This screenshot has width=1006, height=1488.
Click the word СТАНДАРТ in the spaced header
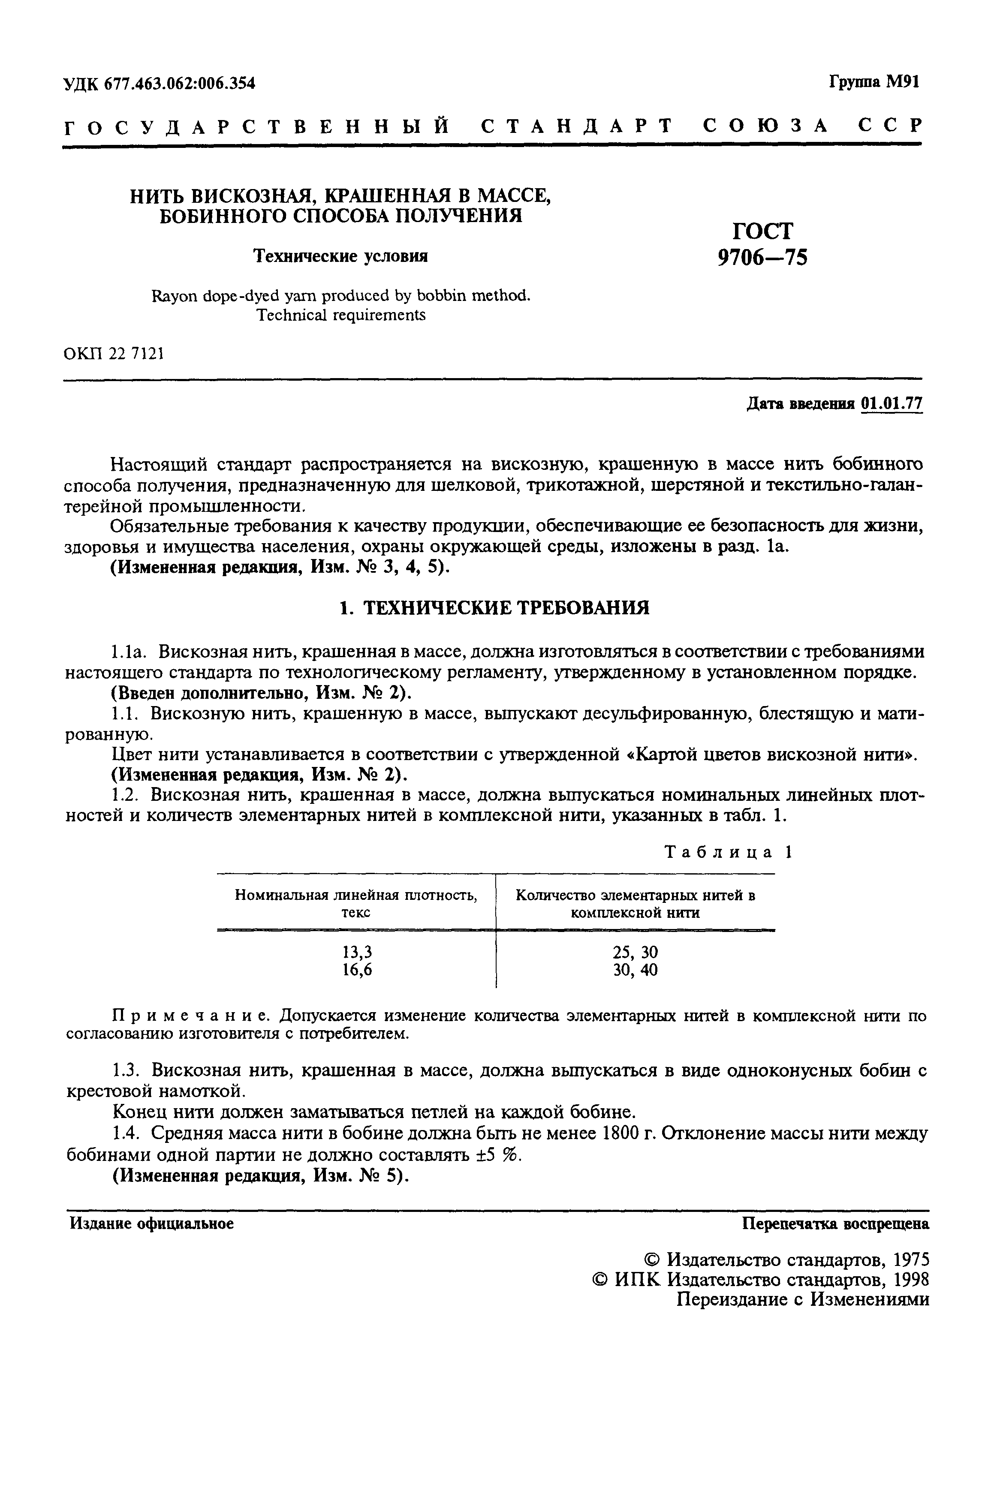click(577, 126)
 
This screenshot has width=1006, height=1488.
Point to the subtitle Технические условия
click(340, 256)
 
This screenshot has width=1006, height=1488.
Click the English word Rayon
click(169, 296)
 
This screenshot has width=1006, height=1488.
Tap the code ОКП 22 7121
click(114, 353)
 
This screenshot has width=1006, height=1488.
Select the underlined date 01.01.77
click(892, 403)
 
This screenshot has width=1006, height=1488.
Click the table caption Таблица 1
click(729, 852)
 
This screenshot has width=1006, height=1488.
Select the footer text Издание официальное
click(152, 1223)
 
